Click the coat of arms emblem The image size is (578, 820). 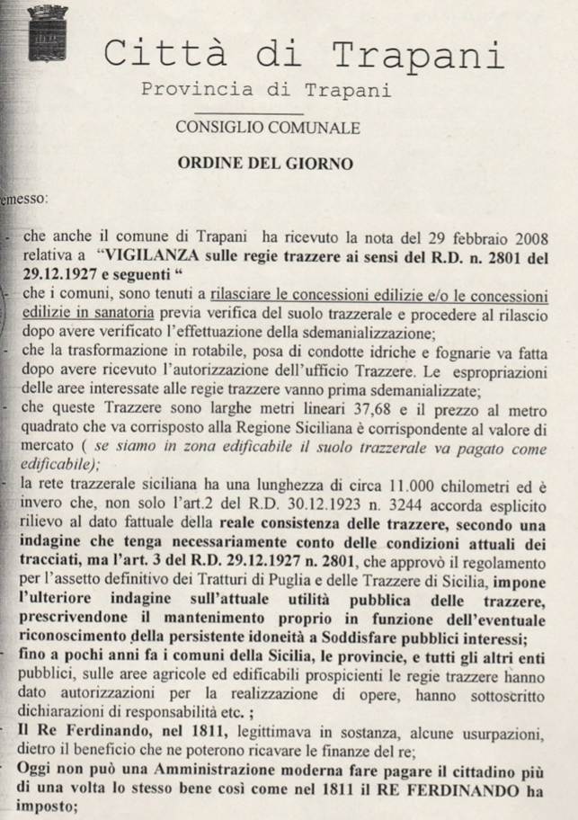pos(41,34)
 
